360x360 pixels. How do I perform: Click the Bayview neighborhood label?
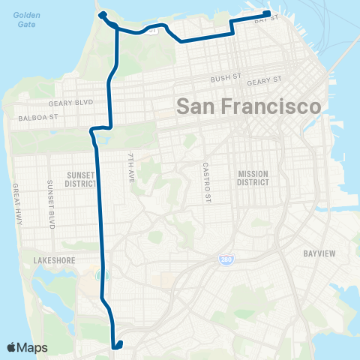(320, 253)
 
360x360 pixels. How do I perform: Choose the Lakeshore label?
(52, 260)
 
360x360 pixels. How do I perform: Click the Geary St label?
(263, 80)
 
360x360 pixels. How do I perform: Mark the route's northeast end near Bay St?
(266, 13)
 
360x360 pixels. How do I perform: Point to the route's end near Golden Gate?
(101, 14)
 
